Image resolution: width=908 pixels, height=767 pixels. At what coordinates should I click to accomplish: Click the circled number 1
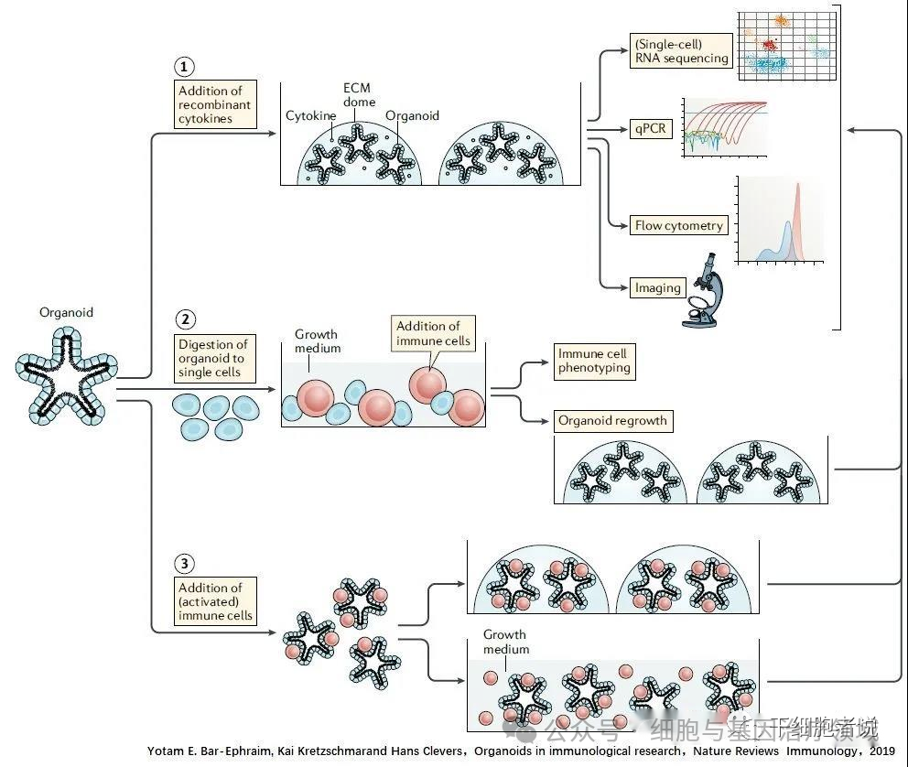coord(186,67)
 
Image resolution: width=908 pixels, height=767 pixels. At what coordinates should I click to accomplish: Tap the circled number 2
coord(186,319)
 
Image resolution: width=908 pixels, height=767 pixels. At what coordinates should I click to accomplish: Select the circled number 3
coord(186,563)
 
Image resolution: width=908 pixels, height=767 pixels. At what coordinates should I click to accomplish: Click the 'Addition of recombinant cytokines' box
coord(215,104)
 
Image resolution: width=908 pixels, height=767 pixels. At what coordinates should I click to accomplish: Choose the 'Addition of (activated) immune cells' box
coord(215,601)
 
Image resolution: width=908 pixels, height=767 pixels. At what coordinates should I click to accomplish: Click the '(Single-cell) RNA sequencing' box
coord(681,50)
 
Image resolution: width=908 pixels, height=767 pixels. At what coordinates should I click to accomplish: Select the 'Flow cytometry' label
coord(678,225)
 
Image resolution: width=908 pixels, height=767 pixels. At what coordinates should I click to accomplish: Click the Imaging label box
coord(658,287)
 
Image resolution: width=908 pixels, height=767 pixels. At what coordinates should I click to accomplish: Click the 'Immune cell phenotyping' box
coord(594,362)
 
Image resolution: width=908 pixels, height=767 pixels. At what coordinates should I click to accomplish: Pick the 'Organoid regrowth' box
coord(612,421)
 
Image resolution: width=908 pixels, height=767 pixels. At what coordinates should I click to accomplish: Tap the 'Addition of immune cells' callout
coord(433,334)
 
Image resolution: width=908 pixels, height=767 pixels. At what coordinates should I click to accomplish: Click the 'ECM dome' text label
coord(358,94)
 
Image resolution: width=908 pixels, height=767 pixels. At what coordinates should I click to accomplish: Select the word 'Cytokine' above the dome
coord(309,116)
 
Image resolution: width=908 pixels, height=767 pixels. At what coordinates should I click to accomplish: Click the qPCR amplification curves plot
coord(724,128)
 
